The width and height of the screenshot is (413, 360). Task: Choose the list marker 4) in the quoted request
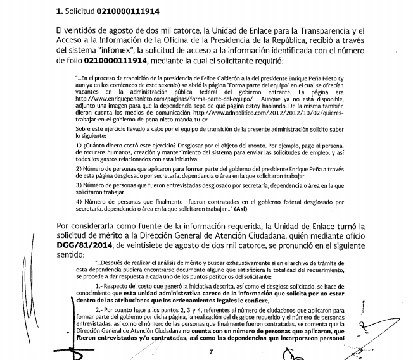[x=78, y=201]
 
